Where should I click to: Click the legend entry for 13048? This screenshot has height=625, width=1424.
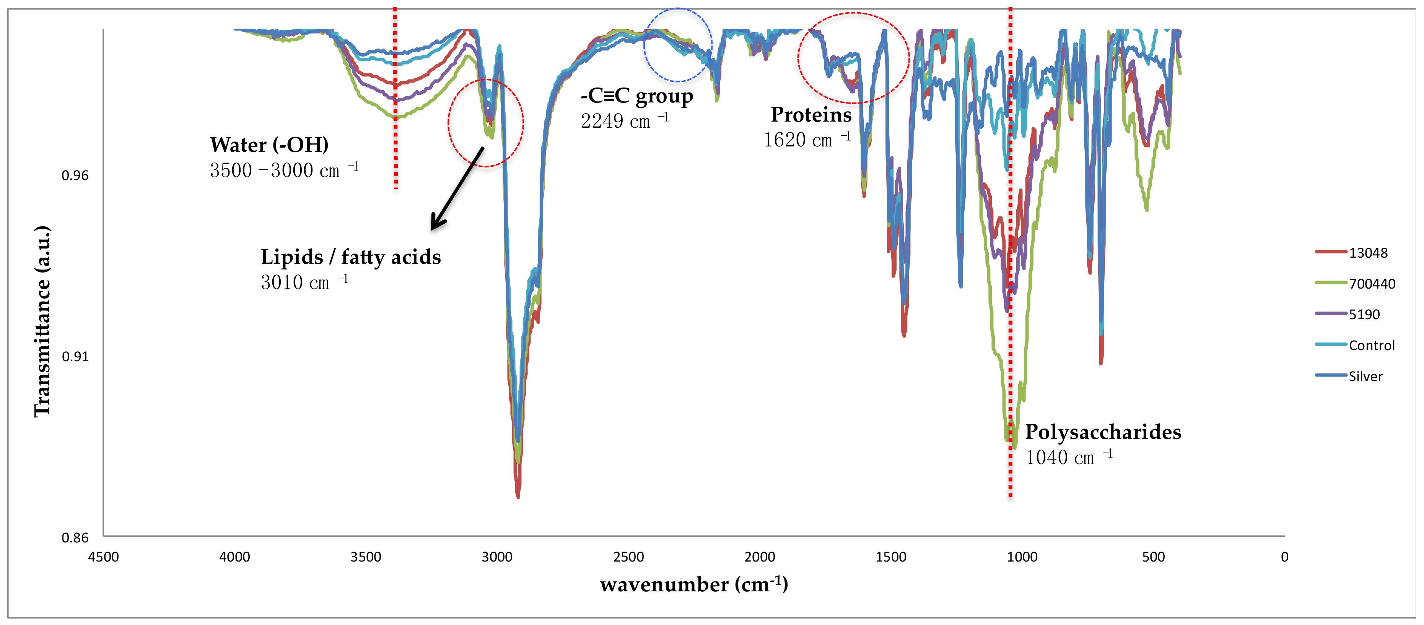click(1367, 253)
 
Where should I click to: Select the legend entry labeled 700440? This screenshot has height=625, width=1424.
click(1372, 284)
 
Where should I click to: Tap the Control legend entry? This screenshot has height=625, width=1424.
click(1372, 346)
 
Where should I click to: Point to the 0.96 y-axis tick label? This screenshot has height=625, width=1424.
click(75, 176)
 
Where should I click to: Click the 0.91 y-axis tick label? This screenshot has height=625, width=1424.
click(75, 356)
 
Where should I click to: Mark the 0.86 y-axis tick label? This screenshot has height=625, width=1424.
click(75, 538)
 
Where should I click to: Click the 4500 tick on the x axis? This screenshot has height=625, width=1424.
click(103, 557)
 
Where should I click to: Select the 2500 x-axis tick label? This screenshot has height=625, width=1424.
click(628, 557)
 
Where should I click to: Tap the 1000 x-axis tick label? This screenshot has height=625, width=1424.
click(1022, 557)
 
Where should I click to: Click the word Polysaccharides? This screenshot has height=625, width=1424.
click(1103, 432)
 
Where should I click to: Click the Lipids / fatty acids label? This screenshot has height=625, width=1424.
click(350, 256)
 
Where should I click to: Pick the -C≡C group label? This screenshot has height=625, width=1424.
click(636, 96)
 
